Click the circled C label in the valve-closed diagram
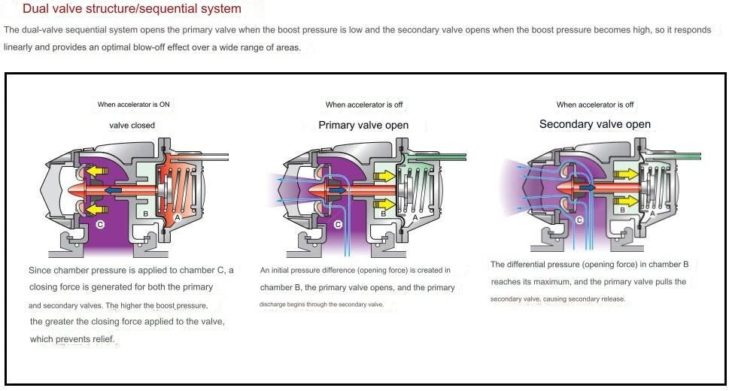100,224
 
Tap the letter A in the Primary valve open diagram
415,218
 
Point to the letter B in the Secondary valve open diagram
622,210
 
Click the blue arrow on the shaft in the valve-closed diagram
113,190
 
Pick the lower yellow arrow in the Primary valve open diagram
385,204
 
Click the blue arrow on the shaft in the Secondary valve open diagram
588,187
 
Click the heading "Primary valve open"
363,125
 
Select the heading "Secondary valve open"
595,124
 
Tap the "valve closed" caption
132,125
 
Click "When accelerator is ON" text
133,105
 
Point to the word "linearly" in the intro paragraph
18,47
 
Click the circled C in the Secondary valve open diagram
579,220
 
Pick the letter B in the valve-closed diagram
146,214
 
